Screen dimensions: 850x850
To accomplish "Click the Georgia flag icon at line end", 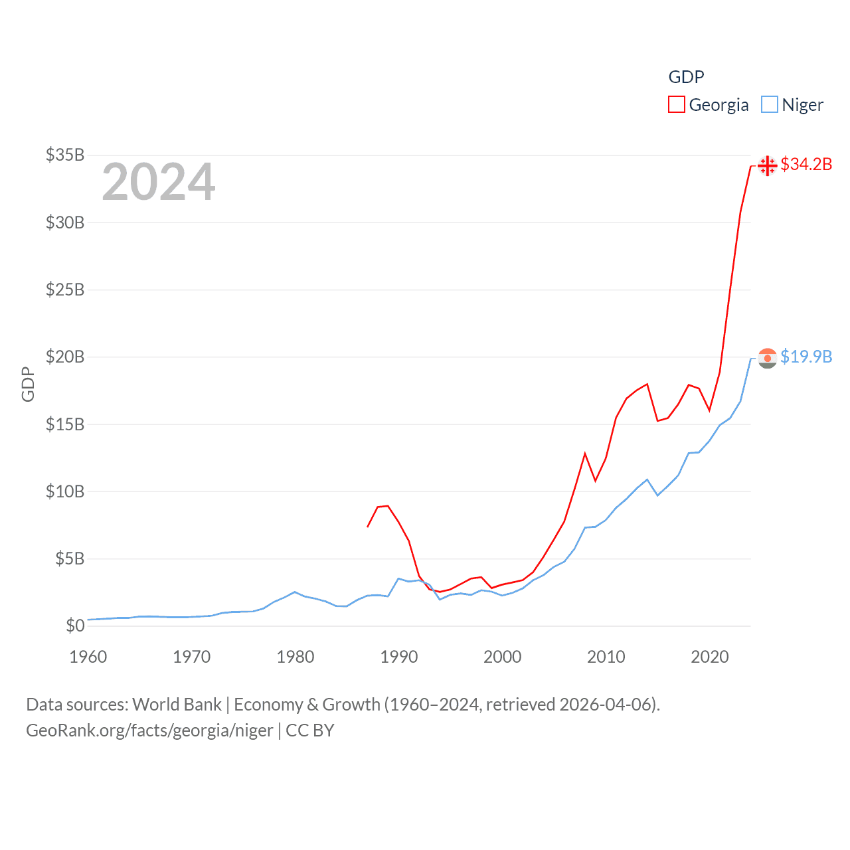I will pos(767,165).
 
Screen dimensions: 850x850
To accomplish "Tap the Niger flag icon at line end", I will pos(767,358).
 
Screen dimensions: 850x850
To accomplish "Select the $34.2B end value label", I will pos(806,164).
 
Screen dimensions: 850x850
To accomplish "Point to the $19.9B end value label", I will pos(806,357).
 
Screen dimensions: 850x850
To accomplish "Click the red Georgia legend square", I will pos(676,105).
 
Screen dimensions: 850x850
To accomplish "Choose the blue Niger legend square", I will pos(769,105).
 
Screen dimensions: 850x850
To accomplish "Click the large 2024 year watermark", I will pos(159,182).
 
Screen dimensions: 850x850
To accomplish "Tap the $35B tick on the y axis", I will pos(65,155).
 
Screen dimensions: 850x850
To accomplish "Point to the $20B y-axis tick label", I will pos(65,357).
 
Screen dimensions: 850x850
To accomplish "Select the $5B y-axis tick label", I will pos(70,558).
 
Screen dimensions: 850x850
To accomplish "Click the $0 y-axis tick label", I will pos(75,626).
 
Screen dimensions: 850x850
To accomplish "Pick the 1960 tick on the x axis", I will pos(88,657).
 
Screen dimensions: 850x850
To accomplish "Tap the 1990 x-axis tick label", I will pos(399,657).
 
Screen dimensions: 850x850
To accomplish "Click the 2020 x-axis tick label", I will pos(710,657).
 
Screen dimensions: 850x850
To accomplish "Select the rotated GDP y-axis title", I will pos(28,384).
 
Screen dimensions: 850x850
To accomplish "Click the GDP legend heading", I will pos(686,77).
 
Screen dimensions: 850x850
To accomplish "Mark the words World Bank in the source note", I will pos(177,705).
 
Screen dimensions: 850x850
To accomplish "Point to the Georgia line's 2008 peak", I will pos(585,454).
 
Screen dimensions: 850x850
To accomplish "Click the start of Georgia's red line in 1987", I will pos(367,527).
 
